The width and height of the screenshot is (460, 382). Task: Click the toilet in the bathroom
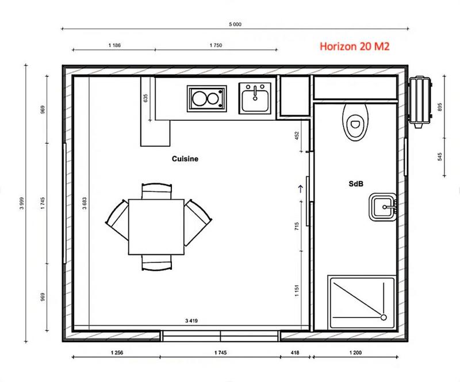[355, 121]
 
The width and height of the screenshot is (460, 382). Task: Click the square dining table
[156, 226]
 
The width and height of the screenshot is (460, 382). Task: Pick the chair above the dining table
[156, 190]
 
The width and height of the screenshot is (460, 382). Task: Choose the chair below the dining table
[156, 263]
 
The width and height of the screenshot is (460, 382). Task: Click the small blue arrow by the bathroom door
[300, 187]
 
